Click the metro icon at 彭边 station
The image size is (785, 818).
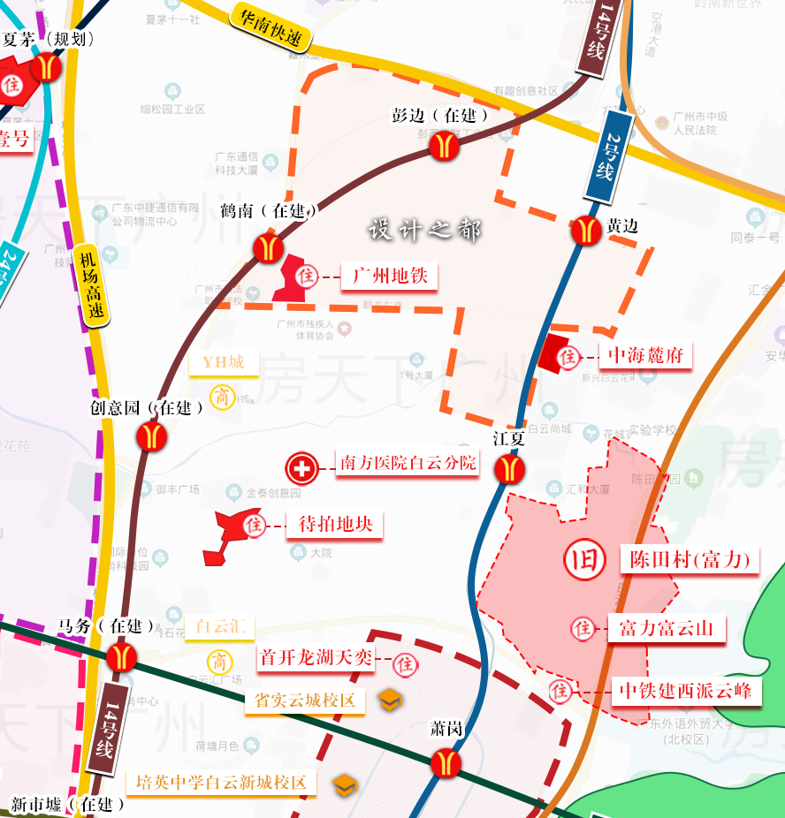pyautogui.click(x=445, y=145)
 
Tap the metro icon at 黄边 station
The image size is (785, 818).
pyautogui.click(x=585, y=230)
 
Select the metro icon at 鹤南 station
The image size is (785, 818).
pyautogui.click(x=268, y=247)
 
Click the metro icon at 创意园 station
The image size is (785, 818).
pyautogui.click(x=152, y=436)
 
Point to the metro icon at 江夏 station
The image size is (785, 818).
pyautogui.click(x=509, y=468)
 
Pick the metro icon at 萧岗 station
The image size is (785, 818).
pyautogui.click(x=444, y=761)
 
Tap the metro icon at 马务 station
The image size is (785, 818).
pyautogui.click(x=121, y=656)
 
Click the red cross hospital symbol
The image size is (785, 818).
pyautogui.click(x=301, y=468)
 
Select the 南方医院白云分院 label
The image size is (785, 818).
pyautogui.click(x=408, y=463)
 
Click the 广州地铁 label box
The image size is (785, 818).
pyautogui.click(x=390, y=276)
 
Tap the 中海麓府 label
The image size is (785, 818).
pyautogui.click(x=646, y=355)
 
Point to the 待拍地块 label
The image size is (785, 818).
pyautogui.click(x=336, y=524)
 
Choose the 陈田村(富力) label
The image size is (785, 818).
pyautogui.click(x=690, y=559)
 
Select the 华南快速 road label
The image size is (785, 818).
pyautogui.click(x=270, y=27)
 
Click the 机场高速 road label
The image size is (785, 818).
pyautogui.click(x=92, y=285)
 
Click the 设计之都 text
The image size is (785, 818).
pyautogui.click(x=424, y=230)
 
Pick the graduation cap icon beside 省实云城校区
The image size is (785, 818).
pyautogui.click(x=390, y=701)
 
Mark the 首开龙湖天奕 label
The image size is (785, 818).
pyautogui.click(x=316, y=657)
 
